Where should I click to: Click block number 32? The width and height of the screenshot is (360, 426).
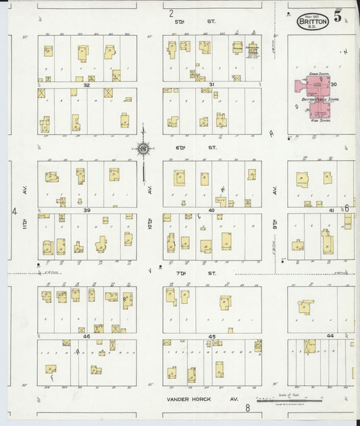86,85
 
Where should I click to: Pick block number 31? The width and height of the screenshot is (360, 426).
211,84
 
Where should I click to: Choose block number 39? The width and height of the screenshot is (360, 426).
86,211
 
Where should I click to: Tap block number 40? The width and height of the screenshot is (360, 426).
211,211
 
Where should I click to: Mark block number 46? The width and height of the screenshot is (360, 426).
86,336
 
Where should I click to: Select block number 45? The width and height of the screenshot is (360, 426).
211,336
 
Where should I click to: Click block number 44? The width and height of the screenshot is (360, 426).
330,336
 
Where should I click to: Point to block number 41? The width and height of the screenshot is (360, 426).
331,211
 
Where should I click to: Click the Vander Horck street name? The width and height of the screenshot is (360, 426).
189,399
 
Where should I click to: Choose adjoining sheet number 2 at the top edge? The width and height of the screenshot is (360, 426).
172,13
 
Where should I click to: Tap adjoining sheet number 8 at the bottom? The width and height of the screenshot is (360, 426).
248,408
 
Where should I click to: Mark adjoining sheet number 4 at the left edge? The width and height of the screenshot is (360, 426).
14,211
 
